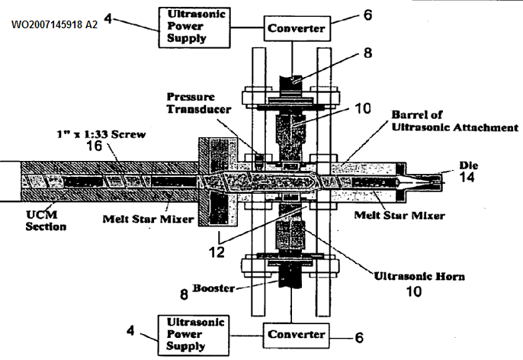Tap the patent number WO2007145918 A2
click(55, 25)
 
